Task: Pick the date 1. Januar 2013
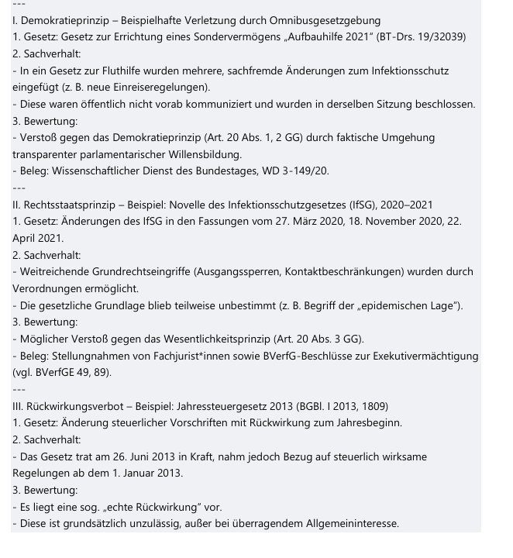146,473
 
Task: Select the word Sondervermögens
213,37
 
